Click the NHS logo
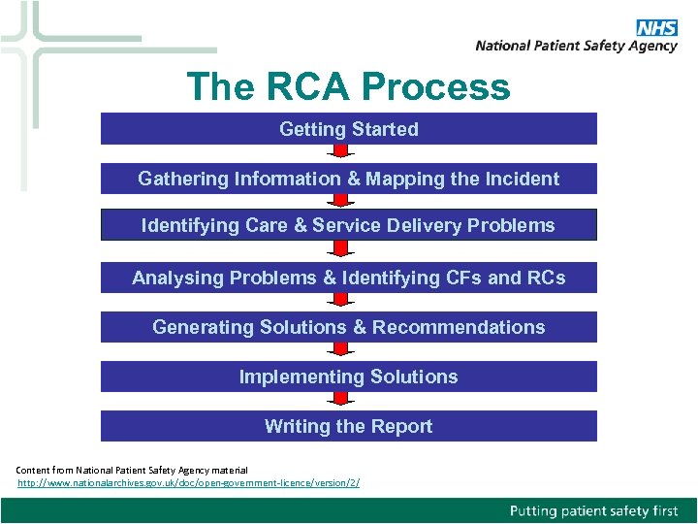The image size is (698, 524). tap(656, 28)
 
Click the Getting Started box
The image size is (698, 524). tap(349, 129)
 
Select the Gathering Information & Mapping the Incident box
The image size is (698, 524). tap(349, 179)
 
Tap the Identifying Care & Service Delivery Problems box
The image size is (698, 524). tap(349, 225)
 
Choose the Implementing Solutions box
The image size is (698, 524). tap(349, 377)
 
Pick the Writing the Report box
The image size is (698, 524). tap(349, 426)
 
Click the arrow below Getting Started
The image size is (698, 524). tap(339, 153)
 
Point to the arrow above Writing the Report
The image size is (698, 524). tap(339, 401)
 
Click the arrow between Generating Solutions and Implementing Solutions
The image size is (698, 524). tap(339, 351)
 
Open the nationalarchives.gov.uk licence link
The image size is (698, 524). tap(189, 482)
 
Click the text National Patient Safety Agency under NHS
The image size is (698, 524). tap(576, 46)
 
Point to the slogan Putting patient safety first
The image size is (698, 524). tap(594, 510)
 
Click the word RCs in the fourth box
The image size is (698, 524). tap(546, 278)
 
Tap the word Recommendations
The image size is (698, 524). tap(459, 327)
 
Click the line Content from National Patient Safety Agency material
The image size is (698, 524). tap(132, 470)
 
